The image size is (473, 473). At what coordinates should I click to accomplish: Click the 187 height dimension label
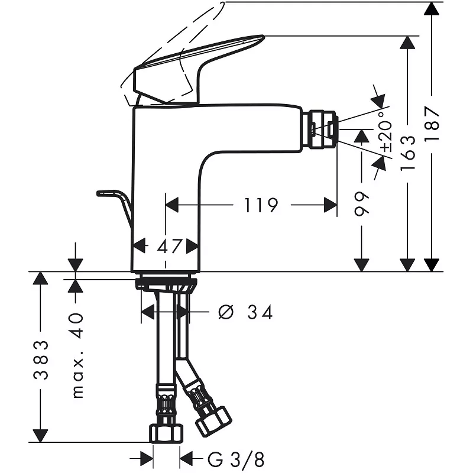(x=432, y=124)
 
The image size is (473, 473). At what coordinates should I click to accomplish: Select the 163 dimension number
(x=408, y=153)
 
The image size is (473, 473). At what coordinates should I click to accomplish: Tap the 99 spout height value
(x=361, y=203)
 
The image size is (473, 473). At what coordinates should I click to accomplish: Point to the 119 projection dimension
(x=261, y=205)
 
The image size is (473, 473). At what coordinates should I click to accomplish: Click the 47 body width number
(x=169, y=246)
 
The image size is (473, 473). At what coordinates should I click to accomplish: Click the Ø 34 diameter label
(x=245, y=312)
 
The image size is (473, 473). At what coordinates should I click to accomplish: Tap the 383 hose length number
(x=41, y=359)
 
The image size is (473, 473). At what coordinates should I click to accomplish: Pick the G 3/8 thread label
(x=236, y=459)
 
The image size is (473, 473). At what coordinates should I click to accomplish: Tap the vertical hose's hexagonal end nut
(x=166, y=433)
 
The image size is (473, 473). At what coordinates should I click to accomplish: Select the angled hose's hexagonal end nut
(x=214, y=421)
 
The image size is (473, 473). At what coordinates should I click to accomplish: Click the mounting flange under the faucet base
(x=166, y=283)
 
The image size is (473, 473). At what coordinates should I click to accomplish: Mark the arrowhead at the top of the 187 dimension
(x=432, y=8)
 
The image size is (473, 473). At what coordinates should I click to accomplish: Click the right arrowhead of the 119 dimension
(x=331, y=205)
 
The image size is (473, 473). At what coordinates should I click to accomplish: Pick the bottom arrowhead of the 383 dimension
(x=40, y=436)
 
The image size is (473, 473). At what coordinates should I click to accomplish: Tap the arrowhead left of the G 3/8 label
(x=147, y=459)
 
